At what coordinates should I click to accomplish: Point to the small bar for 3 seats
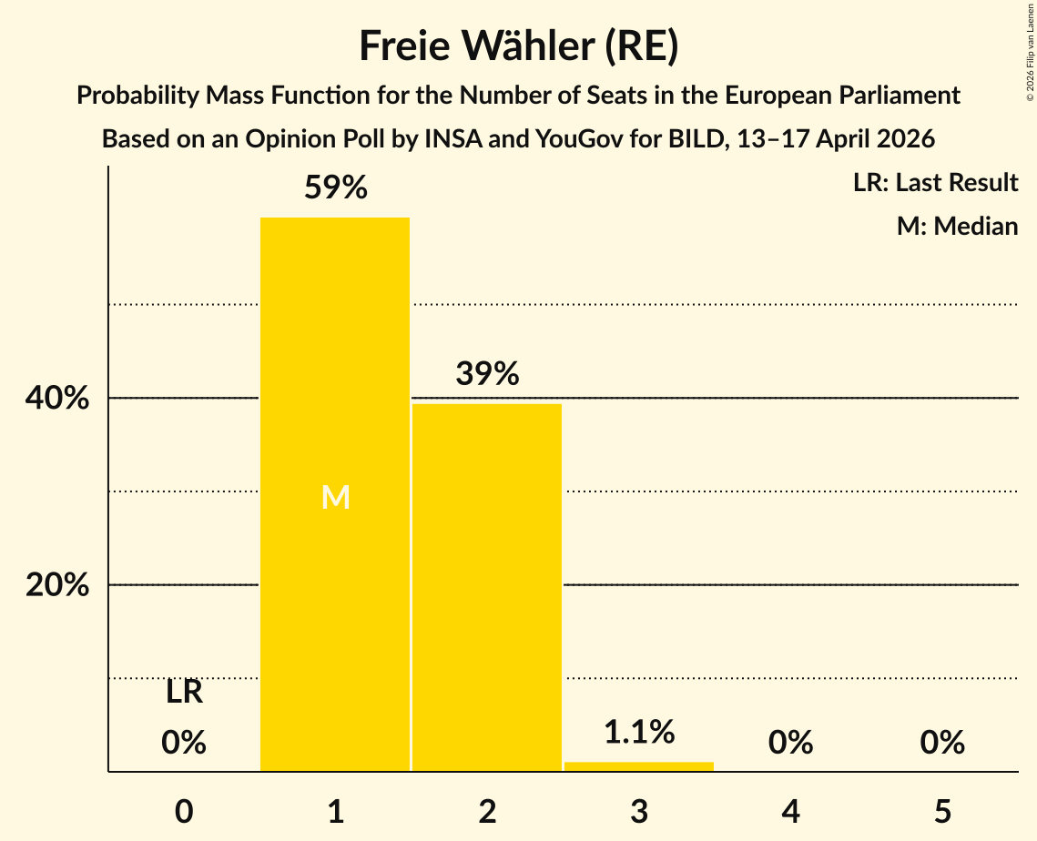639,766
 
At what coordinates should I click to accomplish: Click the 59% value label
335,188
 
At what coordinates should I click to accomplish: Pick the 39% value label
487,374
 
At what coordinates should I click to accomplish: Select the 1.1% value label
639,731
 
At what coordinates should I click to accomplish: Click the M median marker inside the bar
335,497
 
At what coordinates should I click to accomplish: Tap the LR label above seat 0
184,694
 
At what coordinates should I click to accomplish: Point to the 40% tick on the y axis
57,399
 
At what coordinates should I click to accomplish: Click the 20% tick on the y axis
57,585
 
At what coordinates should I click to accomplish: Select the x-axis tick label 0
184,811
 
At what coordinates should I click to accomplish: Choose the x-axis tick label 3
639,811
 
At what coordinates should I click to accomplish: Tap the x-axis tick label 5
942,811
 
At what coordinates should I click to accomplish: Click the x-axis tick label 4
790,811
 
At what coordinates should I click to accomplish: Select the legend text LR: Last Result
935,183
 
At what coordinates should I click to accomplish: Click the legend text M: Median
957,226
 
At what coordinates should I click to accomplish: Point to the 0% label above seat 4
790,743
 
